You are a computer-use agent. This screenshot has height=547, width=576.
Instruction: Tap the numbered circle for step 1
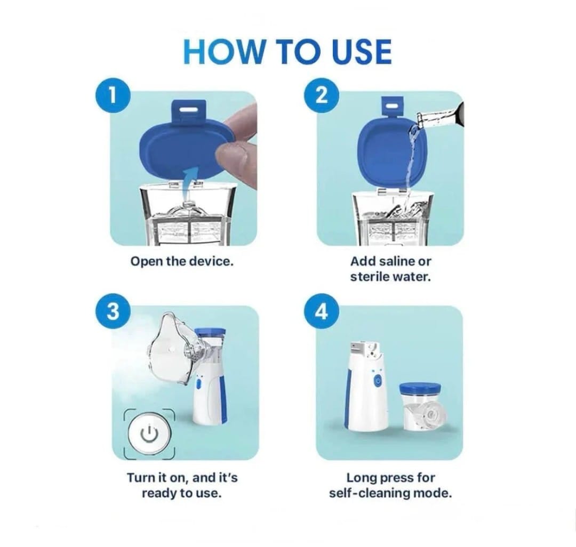[114, 96]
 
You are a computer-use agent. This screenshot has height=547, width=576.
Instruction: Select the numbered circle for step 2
[322, 96]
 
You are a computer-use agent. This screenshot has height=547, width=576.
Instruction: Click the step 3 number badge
[114, 311]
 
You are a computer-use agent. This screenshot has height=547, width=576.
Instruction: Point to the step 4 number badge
[322, 311]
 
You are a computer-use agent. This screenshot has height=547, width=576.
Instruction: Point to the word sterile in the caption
[367, 277]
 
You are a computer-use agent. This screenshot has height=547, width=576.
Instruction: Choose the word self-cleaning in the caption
[370, 493]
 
